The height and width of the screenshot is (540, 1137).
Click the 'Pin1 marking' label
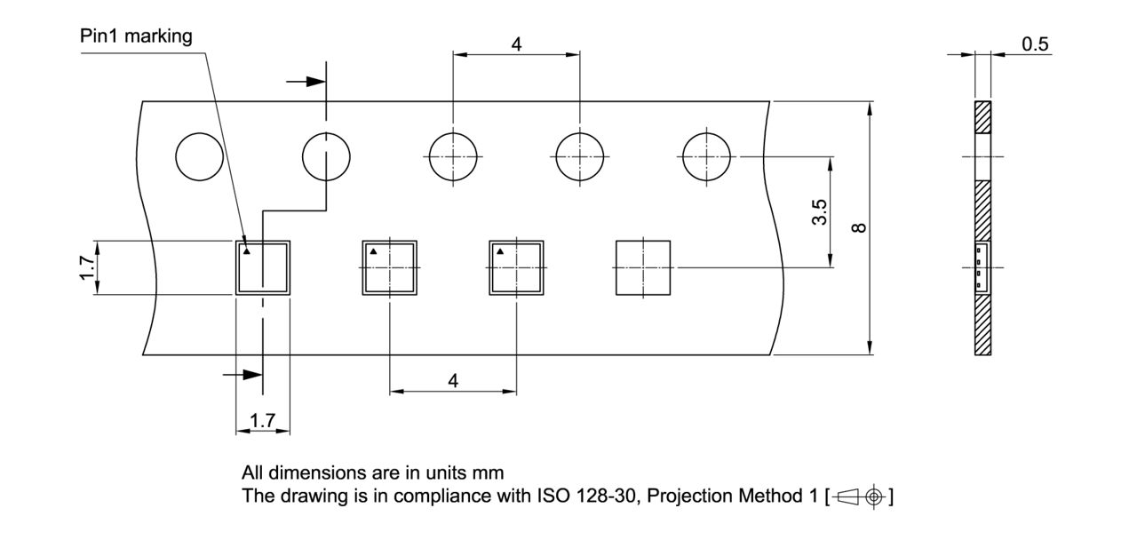pyautogui.click(x=136, y=36)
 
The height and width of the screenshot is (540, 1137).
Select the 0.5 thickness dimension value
pyautogui.click(x=1035, y=44)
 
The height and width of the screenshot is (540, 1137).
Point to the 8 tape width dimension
pyautogui.click(x=859, y=227)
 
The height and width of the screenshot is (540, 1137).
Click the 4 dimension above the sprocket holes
pyautogui.click(x=517, y=44)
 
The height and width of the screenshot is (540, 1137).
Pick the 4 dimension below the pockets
pyautogui.click(x=453, y=380)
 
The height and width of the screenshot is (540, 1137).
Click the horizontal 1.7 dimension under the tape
pyautogui.click(x=263, y=420)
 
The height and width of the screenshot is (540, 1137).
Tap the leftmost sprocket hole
pyautogui.click(x=200, y=157)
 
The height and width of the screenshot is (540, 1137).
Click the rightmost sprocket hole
pyautogui.click(x=706, y=157)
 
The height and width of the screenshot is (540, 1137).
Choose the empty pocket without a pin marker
pyautogui.click(x=643, y=267)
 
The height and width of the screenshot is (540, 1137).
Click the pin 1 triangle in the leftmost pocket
pyautogui.click(x=248, y=251)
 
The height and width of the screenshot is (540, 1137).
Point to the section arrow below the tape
pyautogui.click(x=244, y=375)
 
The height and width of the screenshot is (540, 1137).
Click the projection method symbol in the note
pyautogui.click(x=860, y=496)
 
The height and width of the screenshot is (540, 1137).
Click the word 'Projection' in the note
pyautogui.click(x=688, y=496)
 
